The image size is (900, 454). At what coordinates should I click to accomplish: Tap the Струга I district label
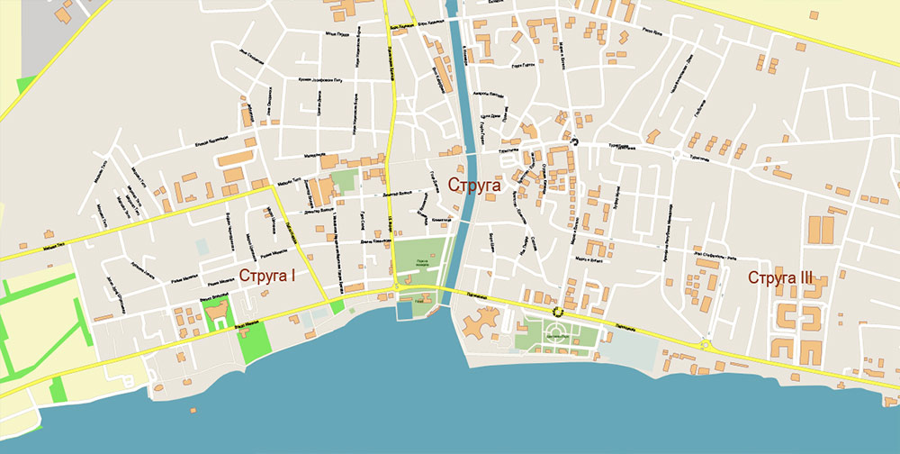coord(267,275)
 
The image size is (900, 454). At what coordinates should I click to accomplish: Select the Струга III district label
coord(781,277)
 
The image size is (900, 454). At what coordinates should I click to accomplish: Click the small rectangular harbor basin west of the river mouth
coord(400,309)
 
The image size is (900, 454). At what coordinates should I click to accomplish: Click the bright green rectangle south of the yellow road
coord(256,343)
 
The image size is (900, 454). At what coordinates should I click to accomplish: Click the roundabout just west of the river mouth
coord(397,287)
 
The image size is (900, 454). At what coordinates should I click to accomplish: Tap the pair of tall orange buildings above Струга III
coord(821,231)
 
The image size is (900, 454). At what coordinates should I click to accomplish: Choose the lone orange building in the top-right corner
coord(814,14)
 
